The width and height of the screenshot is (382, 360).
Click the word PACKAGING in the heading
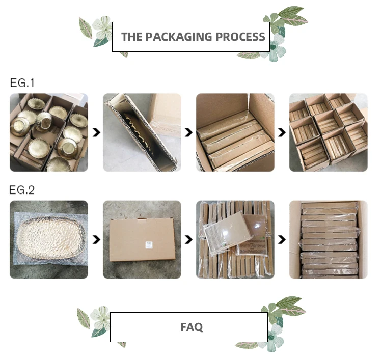click(x=179, y=37)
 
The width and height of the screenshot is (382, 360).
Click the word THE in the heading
click(x=132, y=37)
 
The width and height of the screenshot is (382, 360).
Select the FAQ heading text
click(x=192, y=327)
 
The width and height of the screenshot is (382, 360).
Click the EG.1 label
click(x=22, y=83)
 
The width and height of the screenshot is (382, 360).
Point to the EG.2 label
click(x=22, y=190)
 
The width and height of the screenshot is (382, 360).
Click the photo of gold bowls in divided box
click(x=49, y=132)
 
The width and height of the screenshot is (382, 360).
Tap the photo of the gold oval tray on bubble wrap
click(x=49, y=239)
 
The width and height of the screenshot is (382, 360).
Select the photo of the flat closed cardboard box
click(x=142, y=239)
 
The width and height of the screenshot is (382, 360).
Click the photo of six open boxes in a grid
click(x=328, y=132)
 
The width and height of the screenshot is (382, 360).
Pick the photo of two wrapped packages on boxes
click(x=235, y=239)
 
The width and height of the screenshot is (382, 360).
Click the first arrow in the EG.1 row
click(x=96, y=133)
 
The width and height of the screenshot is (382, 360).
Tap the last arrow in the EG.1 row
click(x=282, y=133)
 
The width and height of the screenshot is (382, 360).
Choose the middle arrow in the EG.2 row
click(x=188, y=240)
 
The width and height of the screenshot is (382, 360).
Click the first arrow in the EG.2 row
click(x=96, y=240)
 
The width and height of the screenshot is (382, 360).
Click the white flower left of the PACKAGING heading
click(x=102, y=28)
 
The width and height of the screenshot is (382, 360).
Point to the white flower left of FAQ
click(x=100, y=318)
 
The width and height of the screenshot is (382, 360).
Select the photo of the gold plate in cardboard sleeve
click(x=142, y=132)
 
